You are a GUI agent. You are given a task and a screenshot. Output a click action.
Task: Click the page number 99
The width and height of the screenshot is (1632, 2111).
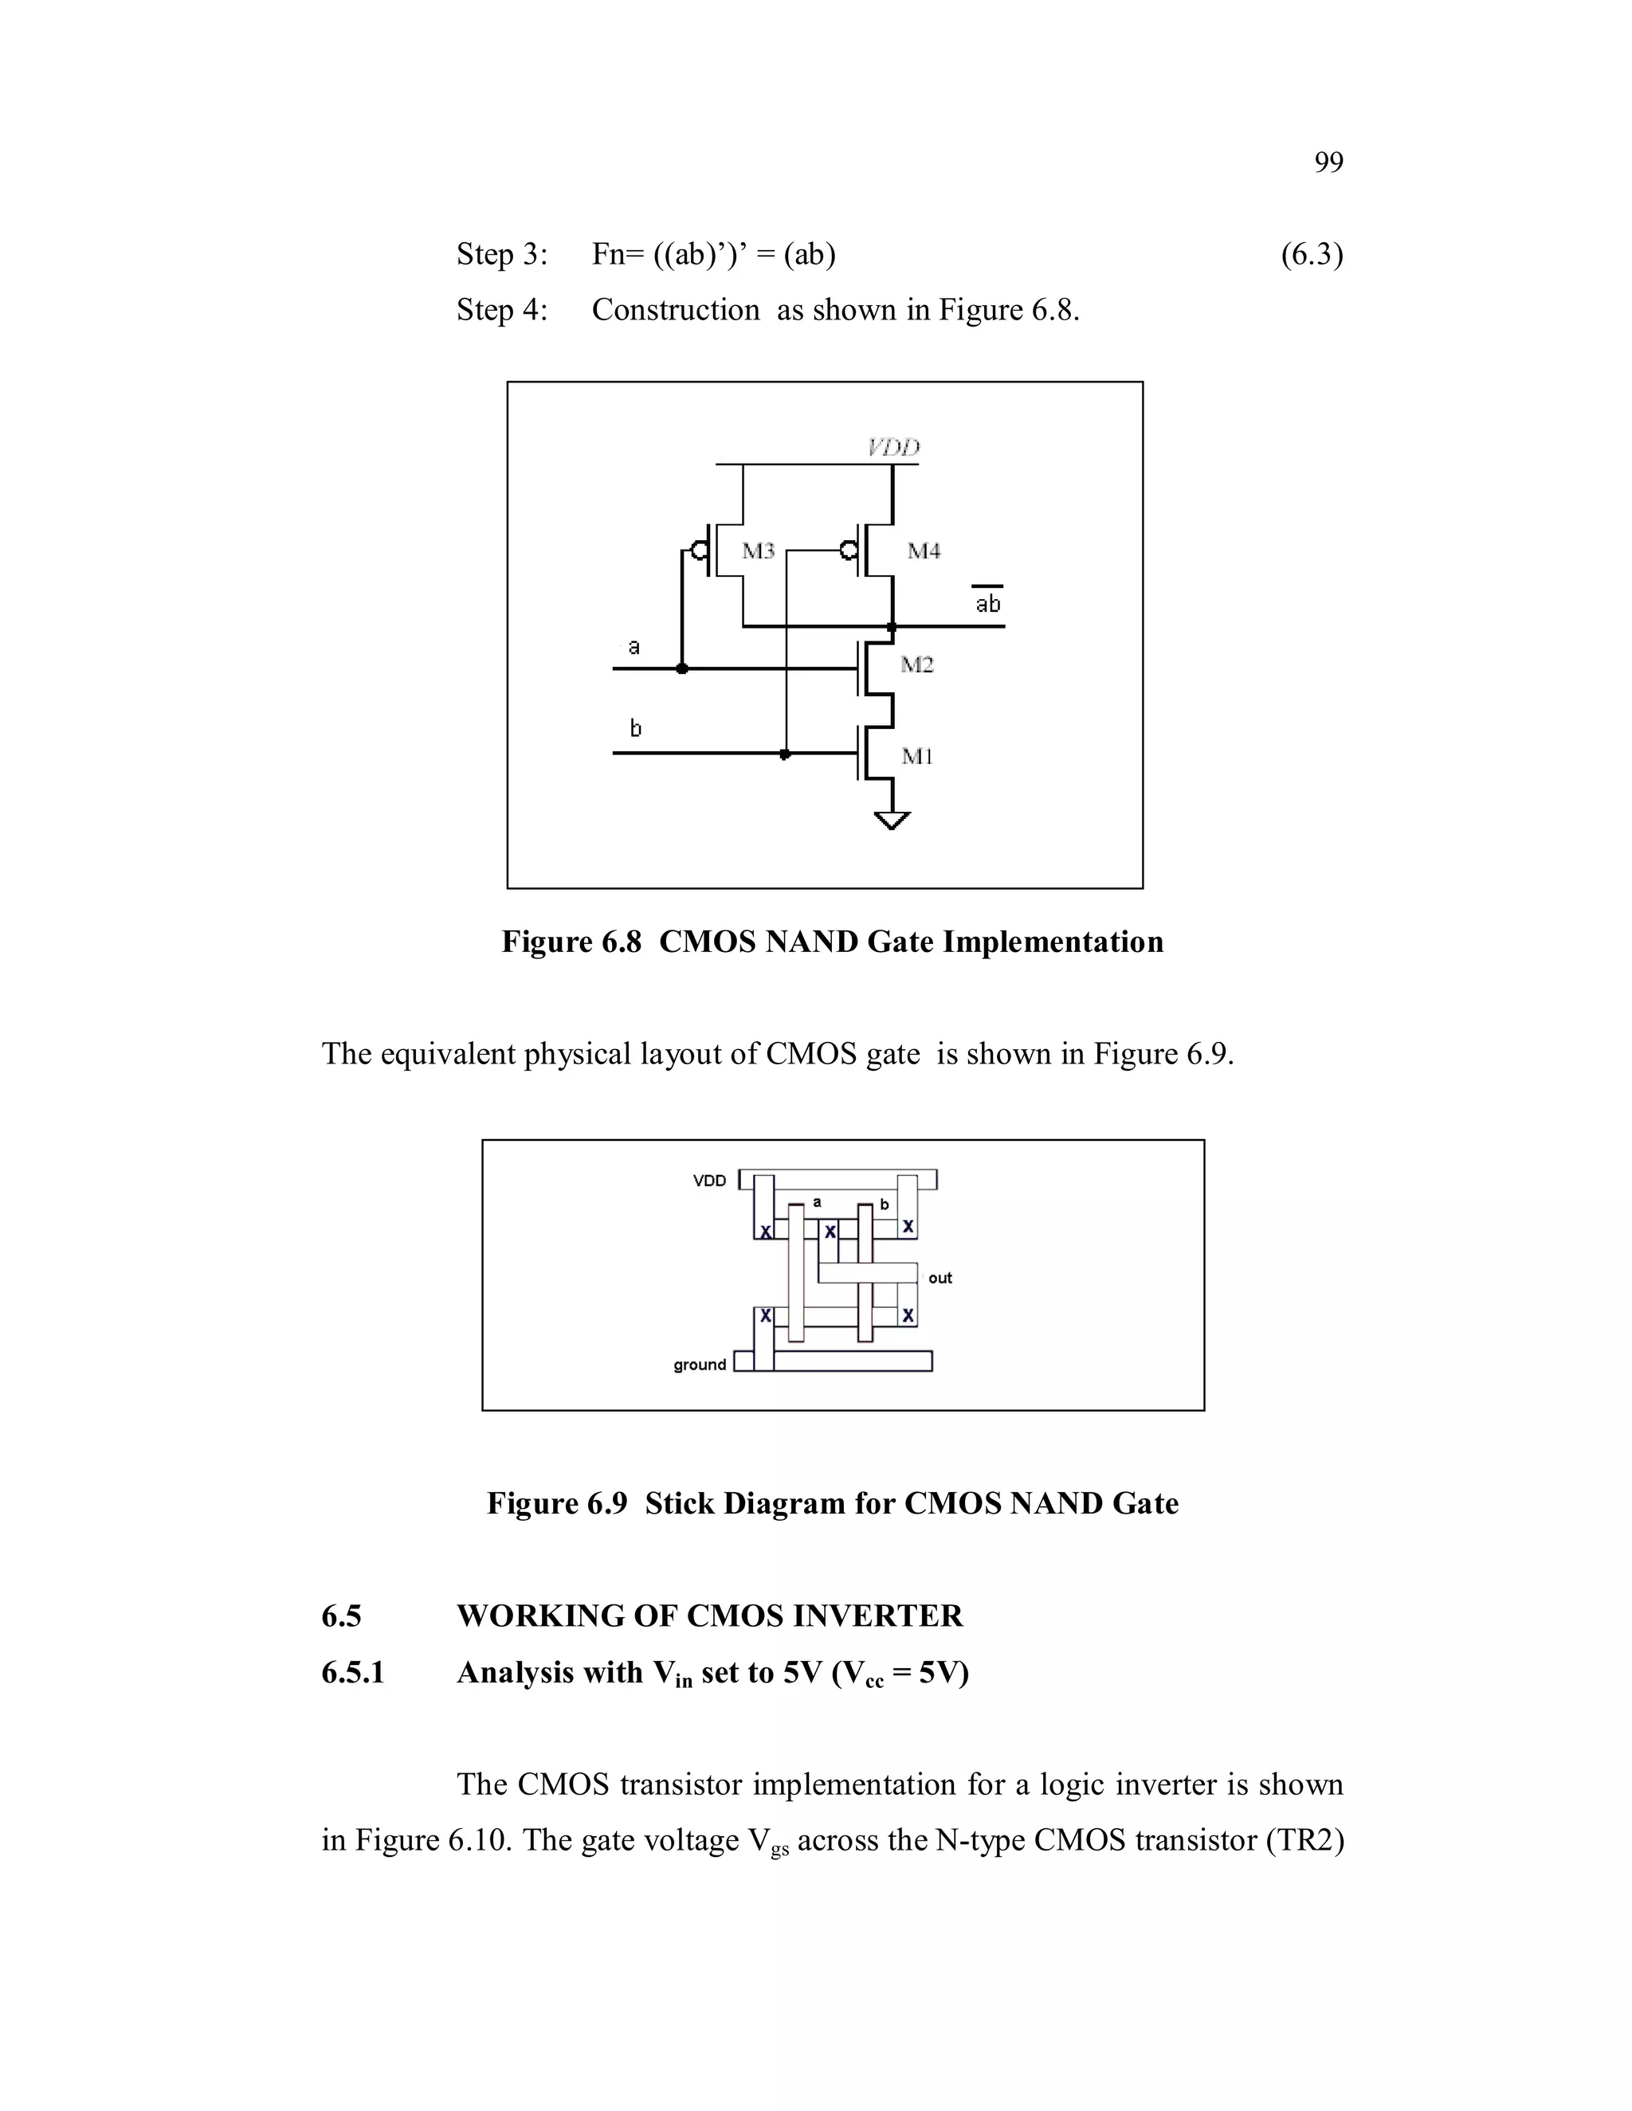pos(1328,163)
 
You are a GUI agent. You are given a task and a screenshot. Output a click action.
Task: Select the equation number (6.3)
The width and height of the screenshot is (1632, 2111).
pos(1311,254)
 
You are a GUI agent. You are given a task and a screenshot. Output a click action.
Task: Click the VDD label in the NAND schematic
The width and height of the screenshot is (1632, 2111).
pos(893,447)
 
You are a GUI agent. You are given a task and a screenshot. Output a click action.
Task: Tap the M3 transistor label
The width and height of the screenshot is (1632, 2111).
pos(758,551)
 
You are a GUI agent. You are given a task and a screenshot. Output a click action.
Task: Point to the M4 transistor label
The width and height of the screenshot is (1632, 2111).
pos(924,551)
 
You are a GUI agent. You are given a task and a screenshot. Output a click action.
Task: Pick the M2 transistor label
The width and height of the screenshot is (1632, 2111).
pos(916,664)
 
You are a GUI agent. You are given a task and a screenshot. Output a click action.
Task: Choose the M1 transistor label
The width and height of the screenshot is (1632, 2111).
pos(916,756)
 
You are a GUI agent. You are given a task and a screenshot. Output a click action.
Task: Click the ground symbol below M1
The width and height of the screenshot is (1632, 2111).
pos(892,820)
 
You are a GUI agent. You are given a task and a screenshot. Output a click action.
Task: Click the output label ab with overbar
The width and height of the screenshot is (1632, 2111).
pos(987,602)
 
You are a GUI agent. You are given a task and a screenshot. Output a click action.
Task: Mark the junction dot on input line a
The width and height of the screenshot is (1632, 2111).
pos(681,668)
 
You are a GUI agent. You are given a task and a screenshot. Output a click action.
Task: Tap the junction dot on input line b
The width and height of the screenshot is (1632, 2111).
pos(785,753)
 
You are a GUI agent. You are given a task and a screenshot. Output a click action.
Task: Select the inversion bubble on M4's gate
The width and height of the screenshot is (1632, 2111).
pos(848,551)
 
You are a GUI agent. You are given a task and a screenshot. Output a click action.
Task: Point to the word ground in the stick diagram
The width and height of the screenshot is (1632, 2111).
pos(699,1364)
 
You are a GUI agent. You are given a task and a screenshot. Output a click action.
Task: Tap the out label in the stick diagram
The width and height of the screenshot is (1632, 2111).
pos(940,1278)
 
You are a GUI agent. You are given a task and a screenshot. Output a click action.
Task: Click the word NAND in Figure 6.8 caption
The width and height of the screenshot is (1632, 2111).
pos(811,942)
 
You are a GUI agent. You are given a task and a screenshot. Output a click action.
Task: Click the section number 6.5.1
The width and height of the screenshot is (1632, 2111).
pos(353,1671)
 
